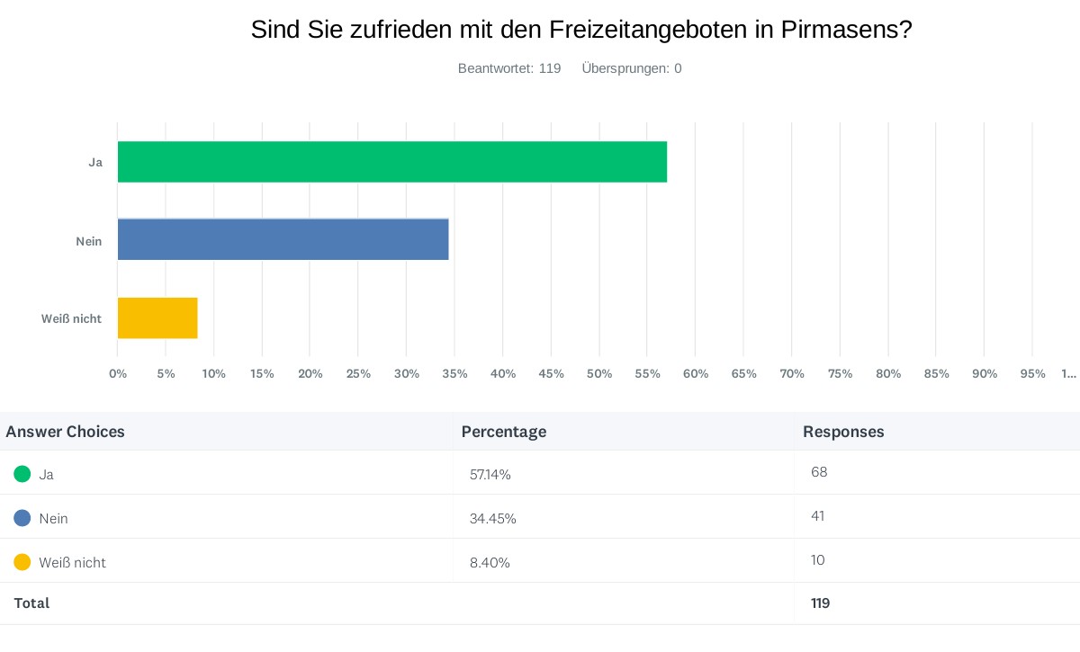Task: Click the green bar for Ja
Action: pyautogui.click(x=392, y=162)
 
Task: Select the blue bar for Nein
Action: pyautogui.click(x=283, y=239)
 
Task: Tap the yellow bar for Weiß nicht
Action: pyautogui.click(x=157, y=317)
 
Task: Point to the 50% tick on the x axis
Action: pyautogui.click(x=599, y=373)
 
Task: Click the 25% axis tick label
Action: pyautogui.click(x=358, y=373)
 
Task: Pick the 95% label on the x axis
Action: pyautogui.click(x=1032, y=373)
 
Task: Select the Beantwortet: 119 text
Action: pyautogui.click(x=509, y=68)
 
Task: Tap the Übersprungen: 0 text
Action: pyautogui.click(x=632, y=68)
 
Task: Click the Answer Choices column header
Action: pyautogui.click(x=66, y=432)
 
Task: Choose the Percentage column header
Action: pyautogui.click(x=504, y=432)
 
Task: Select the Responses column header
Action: pyautogui.click(x=843, y=432)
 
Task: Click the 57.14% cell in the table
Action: pyautogui.click(x=490, y=474)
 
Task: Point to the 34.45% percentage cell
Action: pyautogui.click(x=493, y=518)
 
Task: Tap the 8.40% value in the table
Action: pyautogui.click(x=490, y=562)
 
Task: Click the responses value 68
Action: pyautogui.click(x=818, y=471)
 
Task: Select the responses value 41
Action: pyautogui.click(x=817, y=515)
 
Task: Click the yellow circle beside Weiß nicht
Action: pyautogui.click(x=22, y=562)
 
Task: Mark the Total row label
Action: pyautogui.click(x=31, y=603)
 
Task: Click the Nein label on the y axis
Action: pyautogui.click(x=89, y=241)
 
